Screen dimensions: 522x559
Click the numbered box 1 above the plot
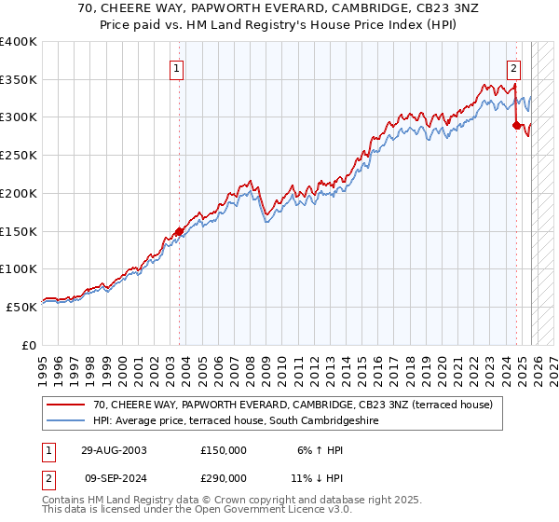coord(176,66)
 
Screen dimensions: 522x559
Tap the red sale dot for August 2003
coord(180,231)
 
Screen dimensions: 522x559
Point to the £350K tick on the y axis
coord(19,80)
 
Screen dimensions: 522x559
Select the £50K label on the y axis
coord(22,307)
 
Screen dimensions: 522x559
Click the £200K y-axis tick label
coord(19,193)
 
